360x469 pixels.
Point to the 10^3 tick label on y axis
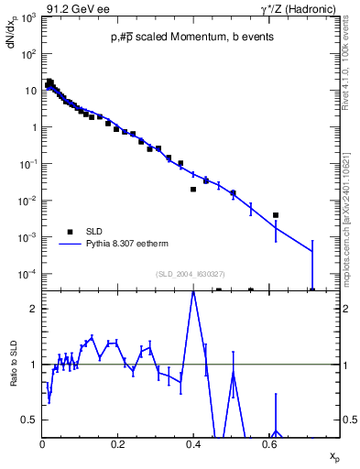coord(29,17)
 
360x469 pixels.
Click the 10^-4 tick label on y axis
coord(27,274)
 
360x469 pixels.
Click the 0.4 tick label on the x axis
coord(193,443)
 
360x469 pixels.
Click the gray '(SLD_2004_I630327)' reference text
coord(191,274)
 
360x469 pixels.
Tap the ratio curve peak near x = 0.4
coord(193,292)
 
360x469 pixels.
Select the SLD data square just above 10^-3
coord(276,215)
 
